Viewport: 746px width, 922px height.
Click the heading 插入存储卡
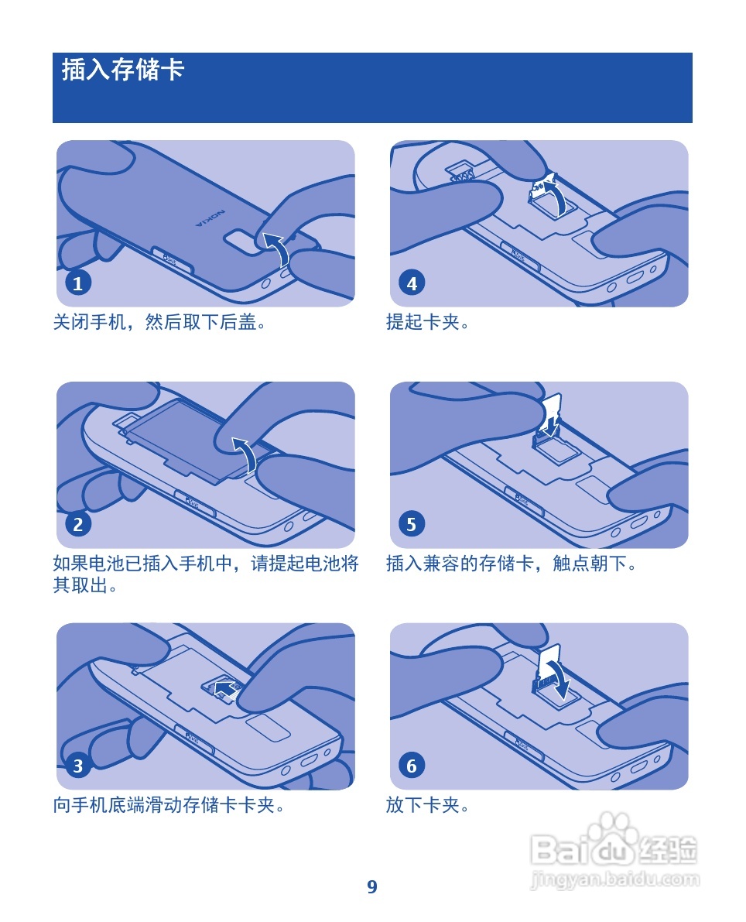tap(123, 70)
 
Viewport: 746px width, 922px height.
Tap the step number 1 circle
tap(77, 283)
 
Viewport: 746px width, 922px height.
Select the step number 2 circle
tap(77, 525)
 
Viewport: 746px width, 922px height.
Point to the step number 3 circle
tap(77, 766)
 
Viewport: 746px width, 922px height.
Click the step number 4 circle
tap(412, 283)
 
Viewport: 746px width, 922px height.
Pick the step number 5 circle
tap(412, 525)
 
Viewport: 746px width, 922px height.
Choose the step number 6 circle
tap(412, 766)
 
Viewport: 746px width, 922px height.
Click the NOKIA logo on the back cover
tap(210, 218)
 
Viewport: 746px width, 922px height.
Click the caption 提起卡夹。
tap(427, 322)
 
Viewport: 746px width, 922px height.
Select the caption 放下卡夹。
tap(427, 805)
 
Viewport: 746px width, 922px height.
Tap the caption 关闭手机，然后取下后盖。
tap(159, 322)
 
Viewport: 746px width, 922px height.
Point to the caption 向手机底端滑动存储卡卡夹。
tap(169, 805)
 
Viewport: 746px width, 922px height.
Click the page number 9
tap(372, 886)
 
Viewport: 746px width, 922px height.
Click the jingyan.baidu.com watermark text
tap(615, 879)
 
